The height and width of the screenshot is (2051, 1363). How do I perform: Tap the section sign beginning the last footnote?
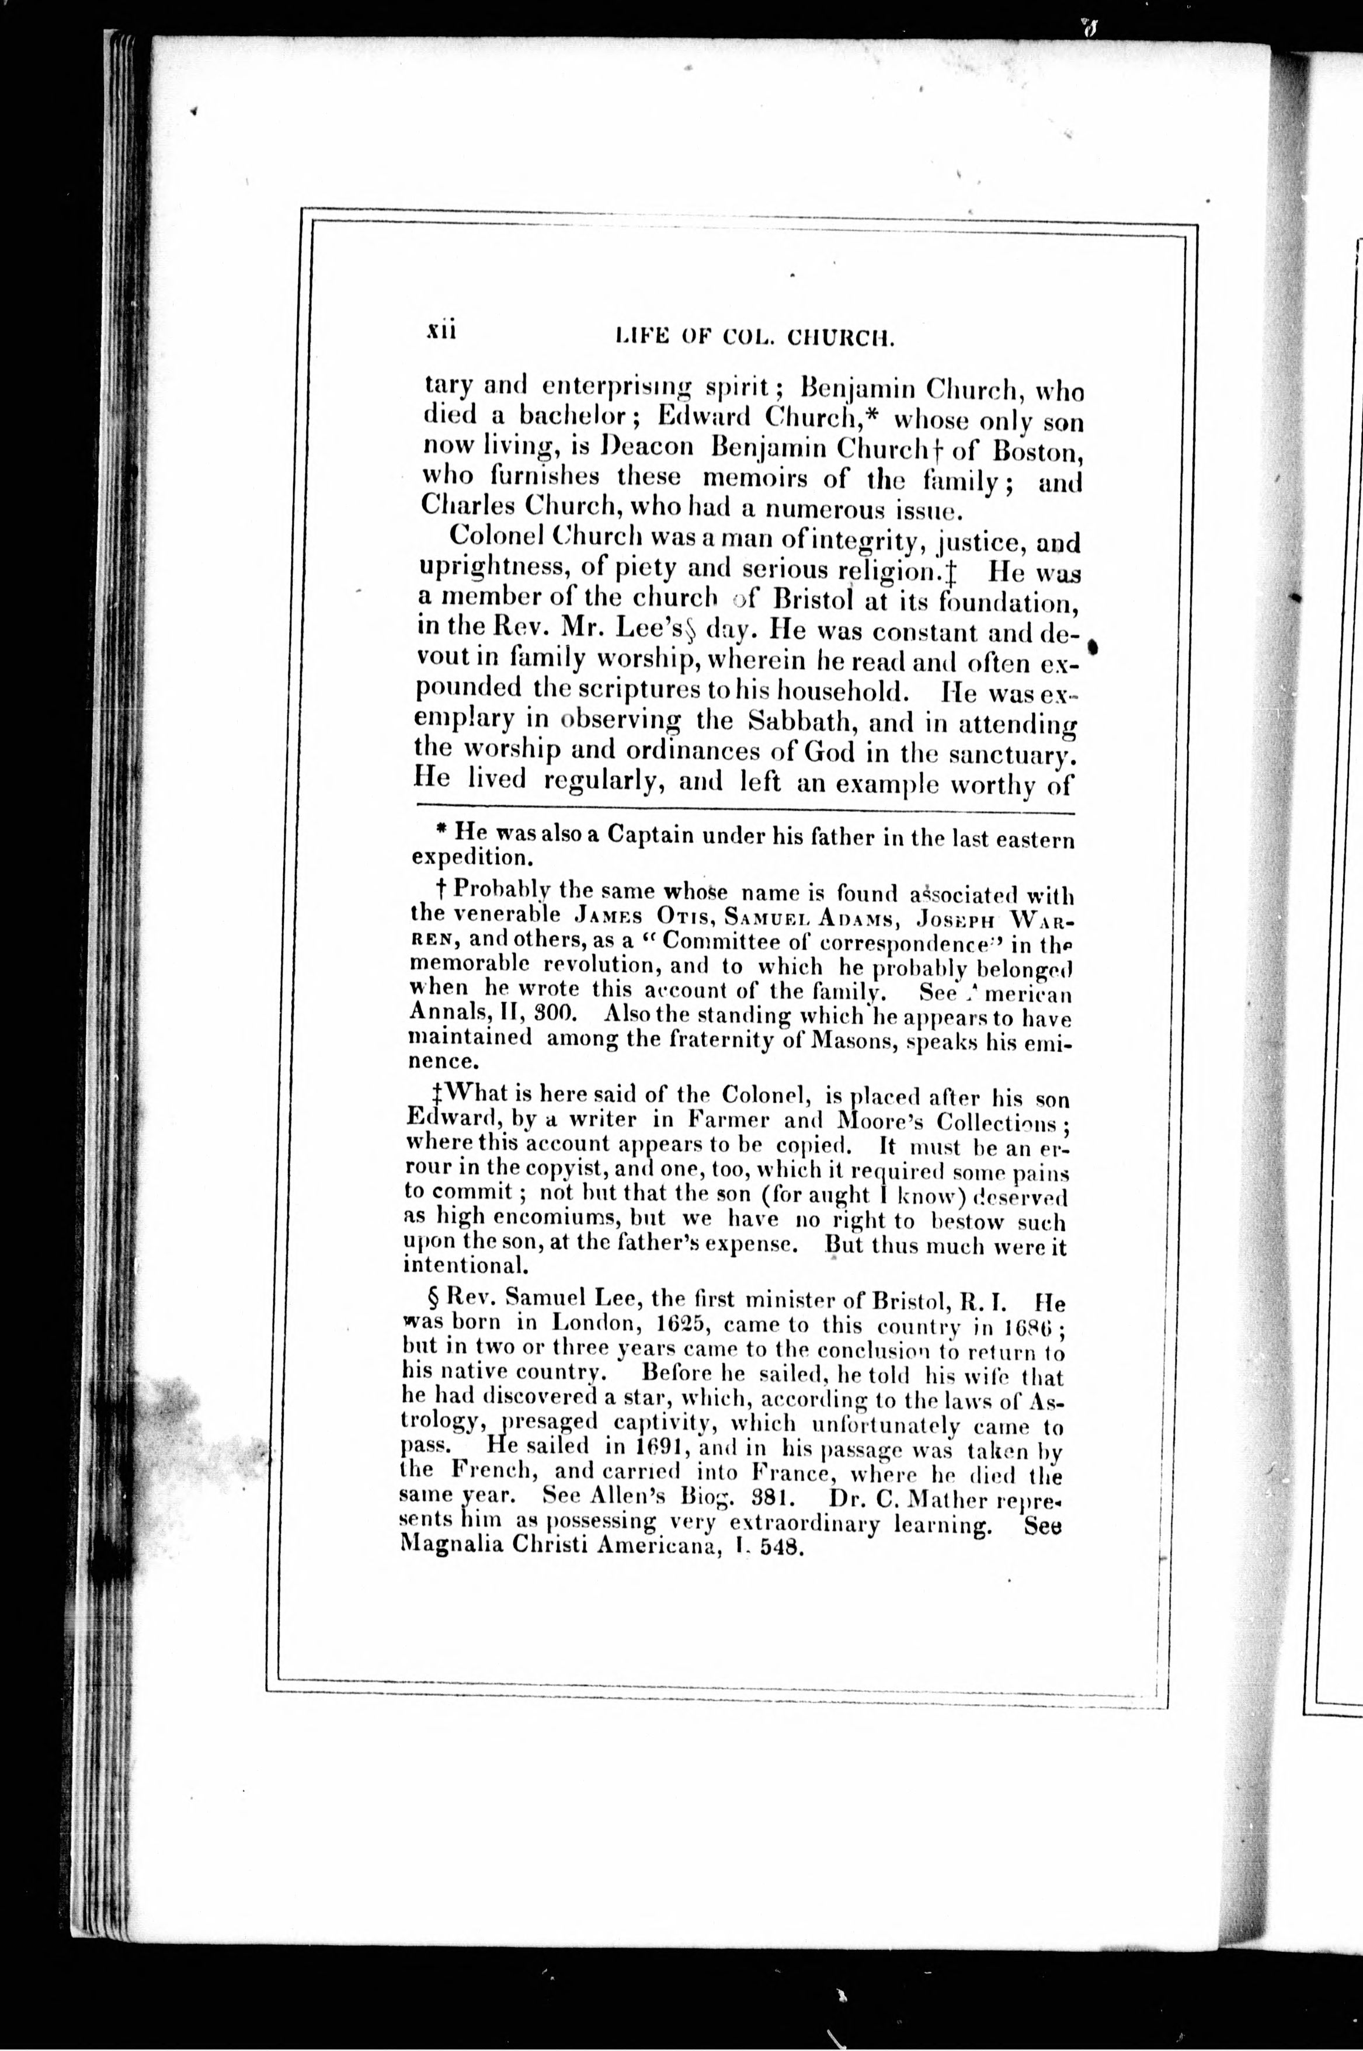427,1302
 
